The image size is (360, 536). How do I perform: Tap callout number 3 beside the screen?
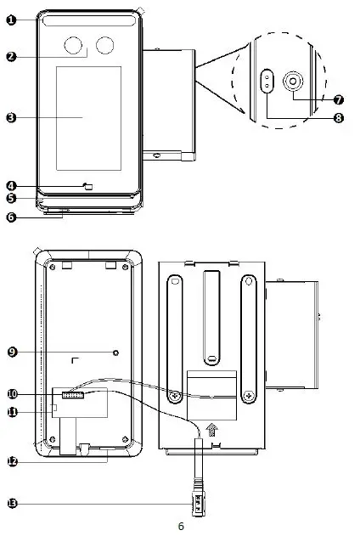coord(10,117)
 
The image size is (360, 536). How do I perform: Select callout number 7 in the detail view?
coord(338,99)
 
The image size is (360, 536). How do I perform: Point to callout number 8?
coord(338,119)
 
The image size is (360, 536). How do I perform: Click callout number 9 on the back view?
coord(11,350)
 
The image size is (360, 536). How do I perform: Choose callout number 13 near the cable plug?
coord(11,503)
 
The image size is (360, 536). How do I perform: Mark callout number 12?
coord(11,461)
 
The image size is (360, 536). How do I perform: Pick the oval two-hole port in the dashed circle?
coord(267,82)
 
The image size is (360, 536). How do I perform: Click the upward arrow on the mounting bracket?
coord(211,432)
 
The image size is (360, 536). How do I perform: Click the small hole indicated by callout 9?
coord(116,351)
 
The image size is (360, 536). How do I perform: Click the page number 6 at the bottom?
coord(180,527)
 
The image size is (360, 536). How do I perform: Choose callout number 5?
coord(11,198)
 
